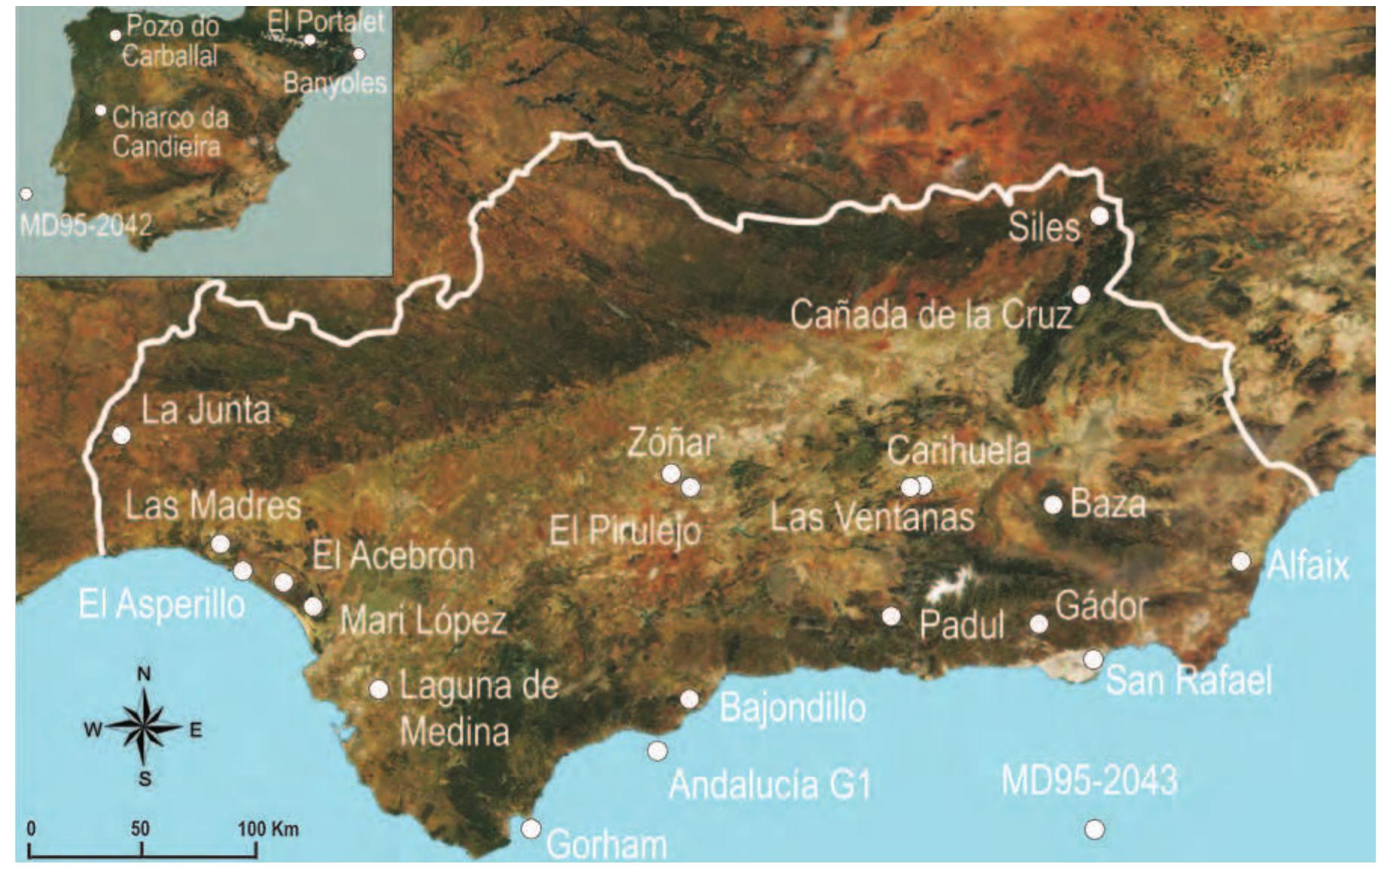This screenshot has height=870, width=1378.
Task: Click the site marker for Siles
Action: (x=1099, y=216)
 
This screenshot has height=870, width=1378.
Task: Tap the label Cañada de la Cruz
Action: (x=931, y=315)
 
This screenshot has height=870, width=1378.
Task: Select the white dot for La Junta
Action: (x=121, y=434)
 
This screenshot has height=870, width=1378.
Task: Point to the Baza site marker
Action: (x=1053, y=504)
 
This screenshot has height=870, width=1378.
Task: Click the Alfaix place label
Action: (x=1308, y=566)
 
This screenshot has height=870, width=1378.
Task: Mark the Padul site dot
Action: (x=891, y=616)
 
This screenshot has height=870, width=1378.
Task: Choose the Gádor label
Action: (x=1102, y=605)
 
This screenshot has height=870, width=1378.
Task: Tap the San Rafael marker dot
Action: (x=1093, y=659)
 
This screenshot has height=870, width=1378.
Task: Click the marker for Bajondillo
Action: (x=689, y=699)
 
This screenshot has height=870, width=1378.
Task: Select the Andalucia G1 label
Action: (x=769, y=785)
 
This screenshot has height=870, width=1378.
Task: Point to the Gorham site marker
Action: (x=531, y=828)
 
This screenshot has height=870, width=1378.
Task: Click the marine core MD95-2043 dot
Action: (x=1094, y=829)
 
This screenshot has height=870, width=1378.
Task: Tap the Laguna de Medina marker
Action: (x=379, y=689)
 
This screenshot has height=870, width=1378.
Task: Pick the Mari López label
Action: (x=423, y=622)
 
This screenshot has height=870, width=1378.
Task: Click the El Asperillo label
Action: (x=162, y=604)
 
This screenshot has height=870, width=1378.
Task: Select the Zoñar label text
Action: (x=671, y=443)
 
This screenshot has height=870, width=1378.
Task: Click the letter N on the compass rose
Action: (x=144, y=674)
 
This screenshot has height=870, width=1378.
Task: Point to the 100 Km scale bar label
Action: (x=269, y=829)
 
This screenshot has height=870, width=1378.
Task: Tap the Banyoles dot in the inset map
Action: (x=359, y=53)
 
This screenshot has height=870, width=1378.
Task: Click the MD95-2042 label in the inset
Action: (x=85, y=224)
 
